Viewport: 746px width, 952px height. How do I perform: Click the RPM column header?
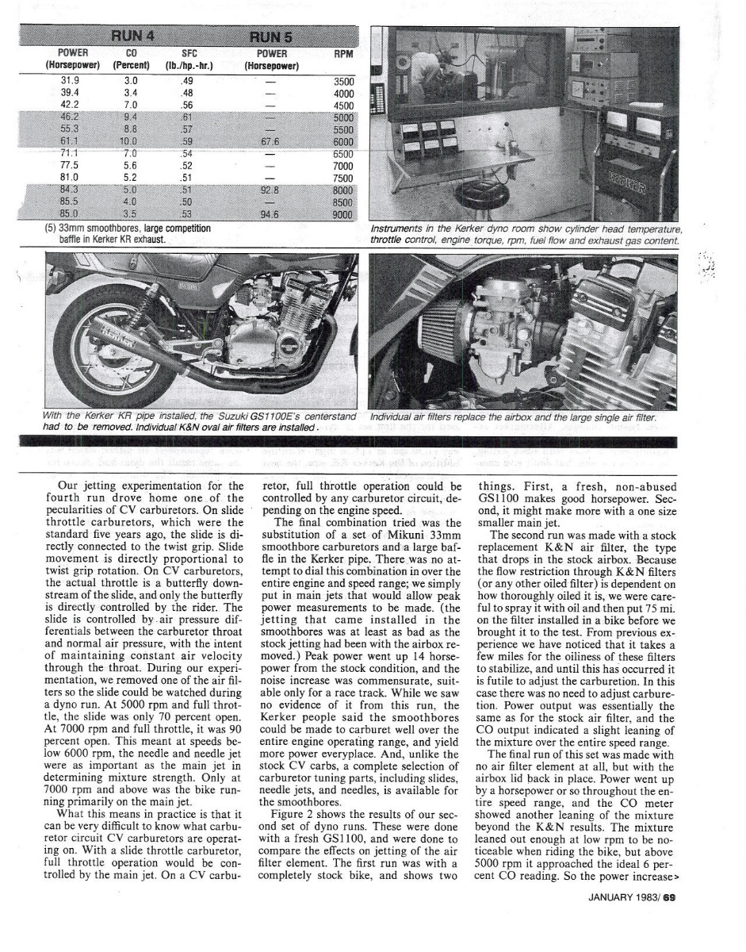343,54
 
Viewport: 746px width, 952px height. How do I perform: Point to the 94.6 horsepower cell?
270,214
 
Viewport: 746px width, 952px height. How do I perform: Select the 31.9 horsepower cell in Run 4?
70,80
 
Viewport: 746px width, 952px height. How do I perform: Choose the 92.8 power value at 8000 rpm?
270,190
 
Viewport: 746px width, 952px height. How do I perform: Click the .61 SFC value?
187,117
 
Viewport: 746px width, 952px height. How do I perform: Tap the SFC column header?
188,54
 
